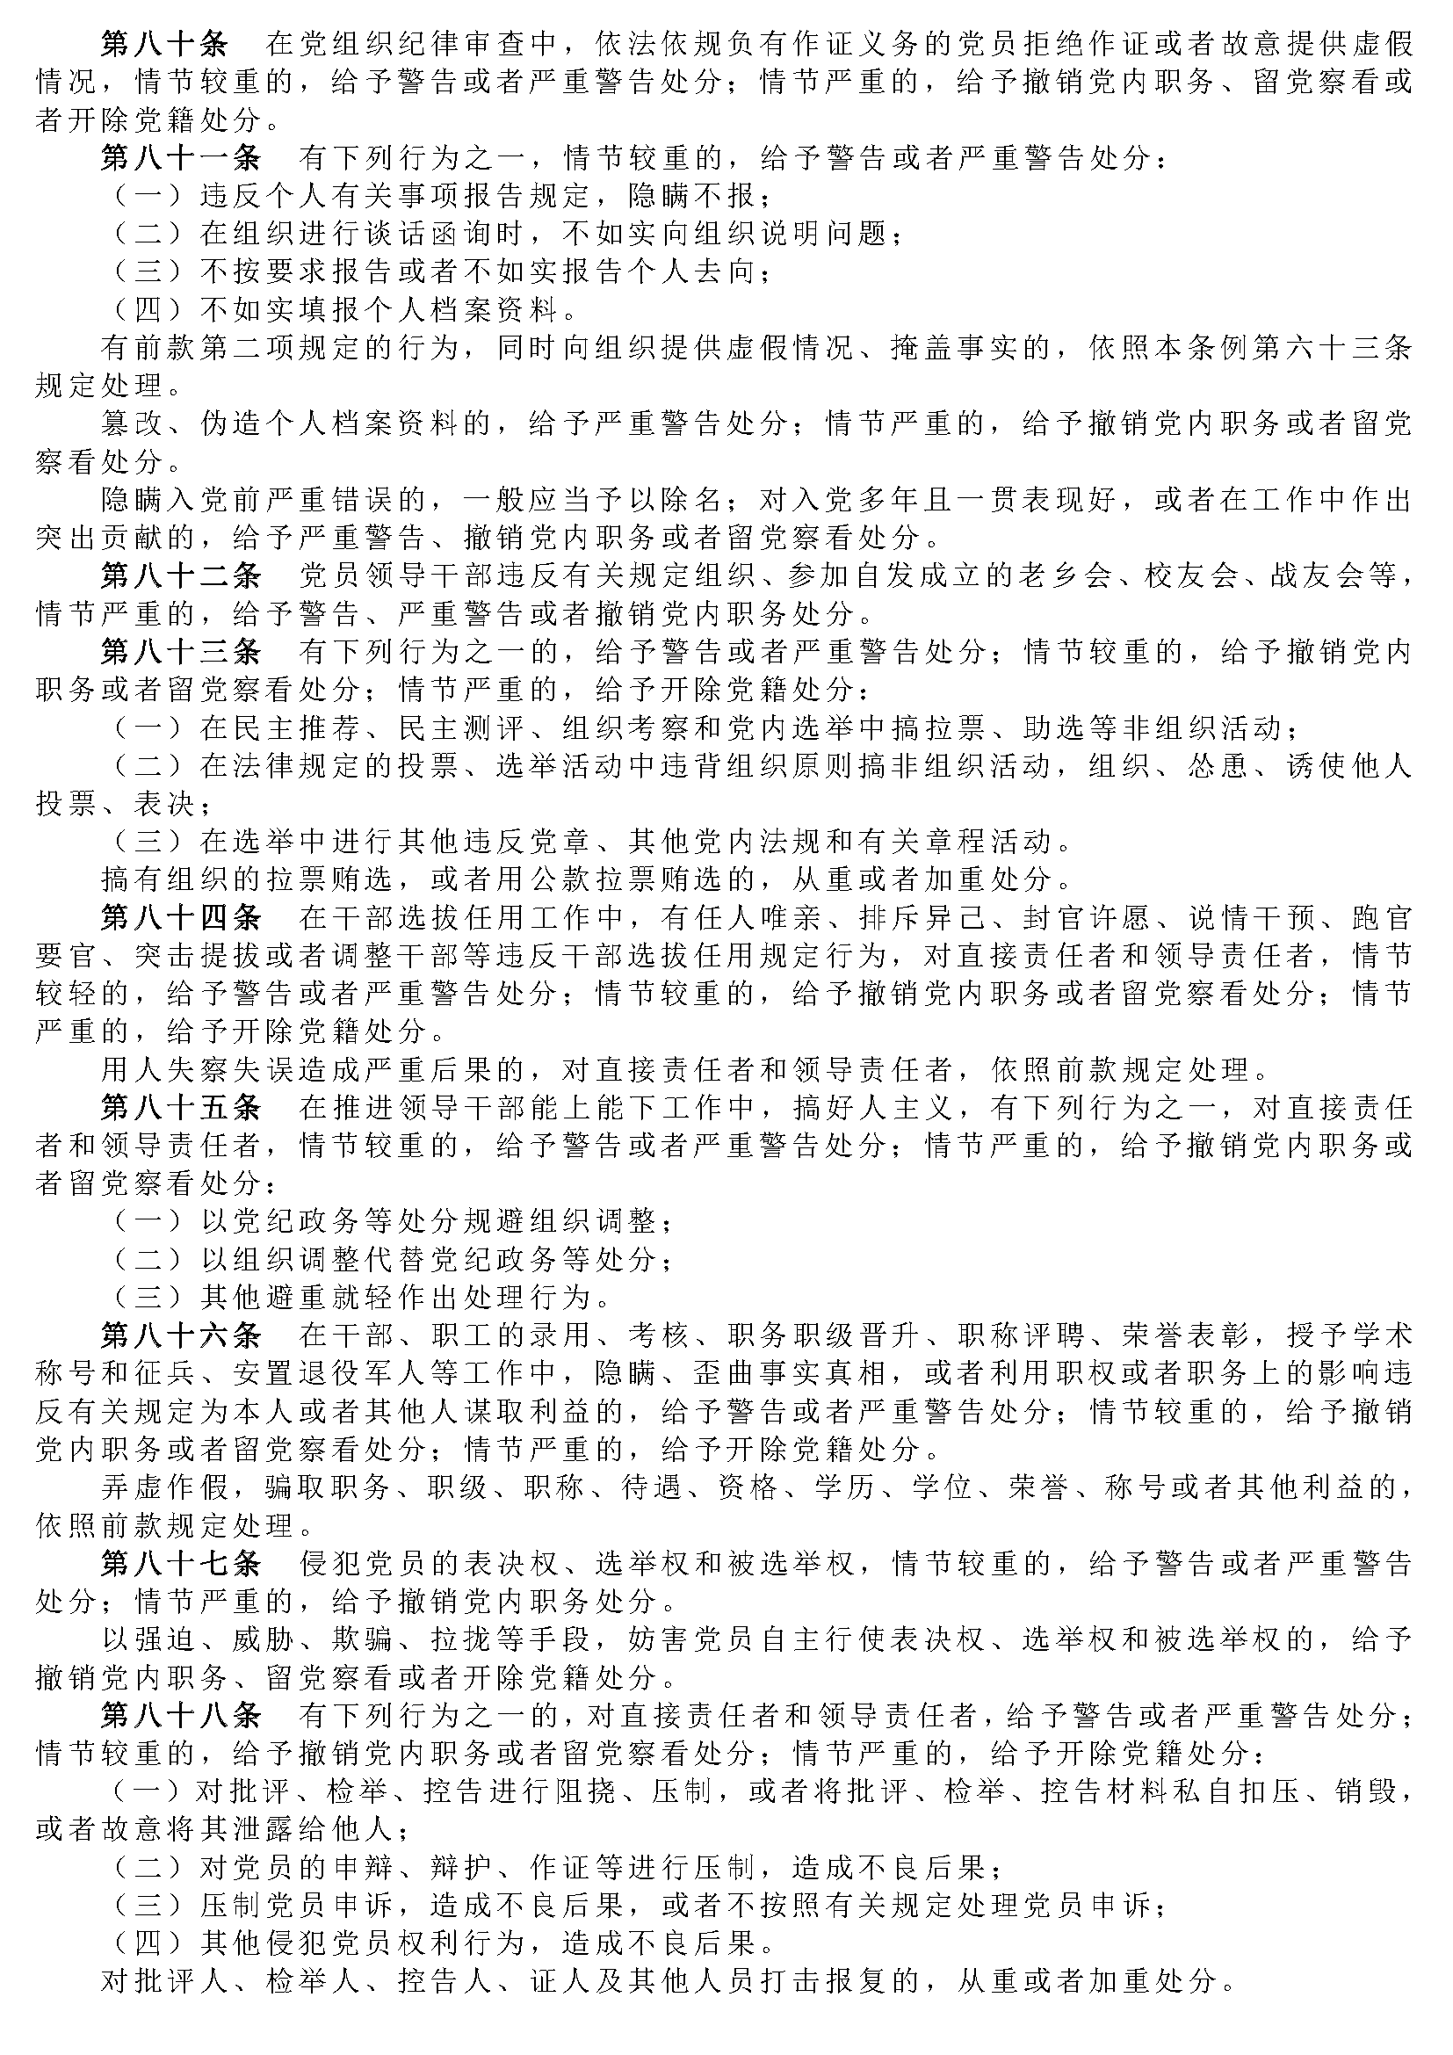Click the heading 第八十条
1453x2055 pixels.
point(164,44)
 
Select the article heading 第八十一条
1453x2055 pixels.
point(181,158)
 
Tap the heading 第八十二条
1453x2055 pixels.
point(181,575)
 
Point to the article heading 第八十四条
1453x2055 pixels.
point(181,917)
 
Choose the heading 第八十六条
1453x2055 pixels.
point(181,1336)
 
